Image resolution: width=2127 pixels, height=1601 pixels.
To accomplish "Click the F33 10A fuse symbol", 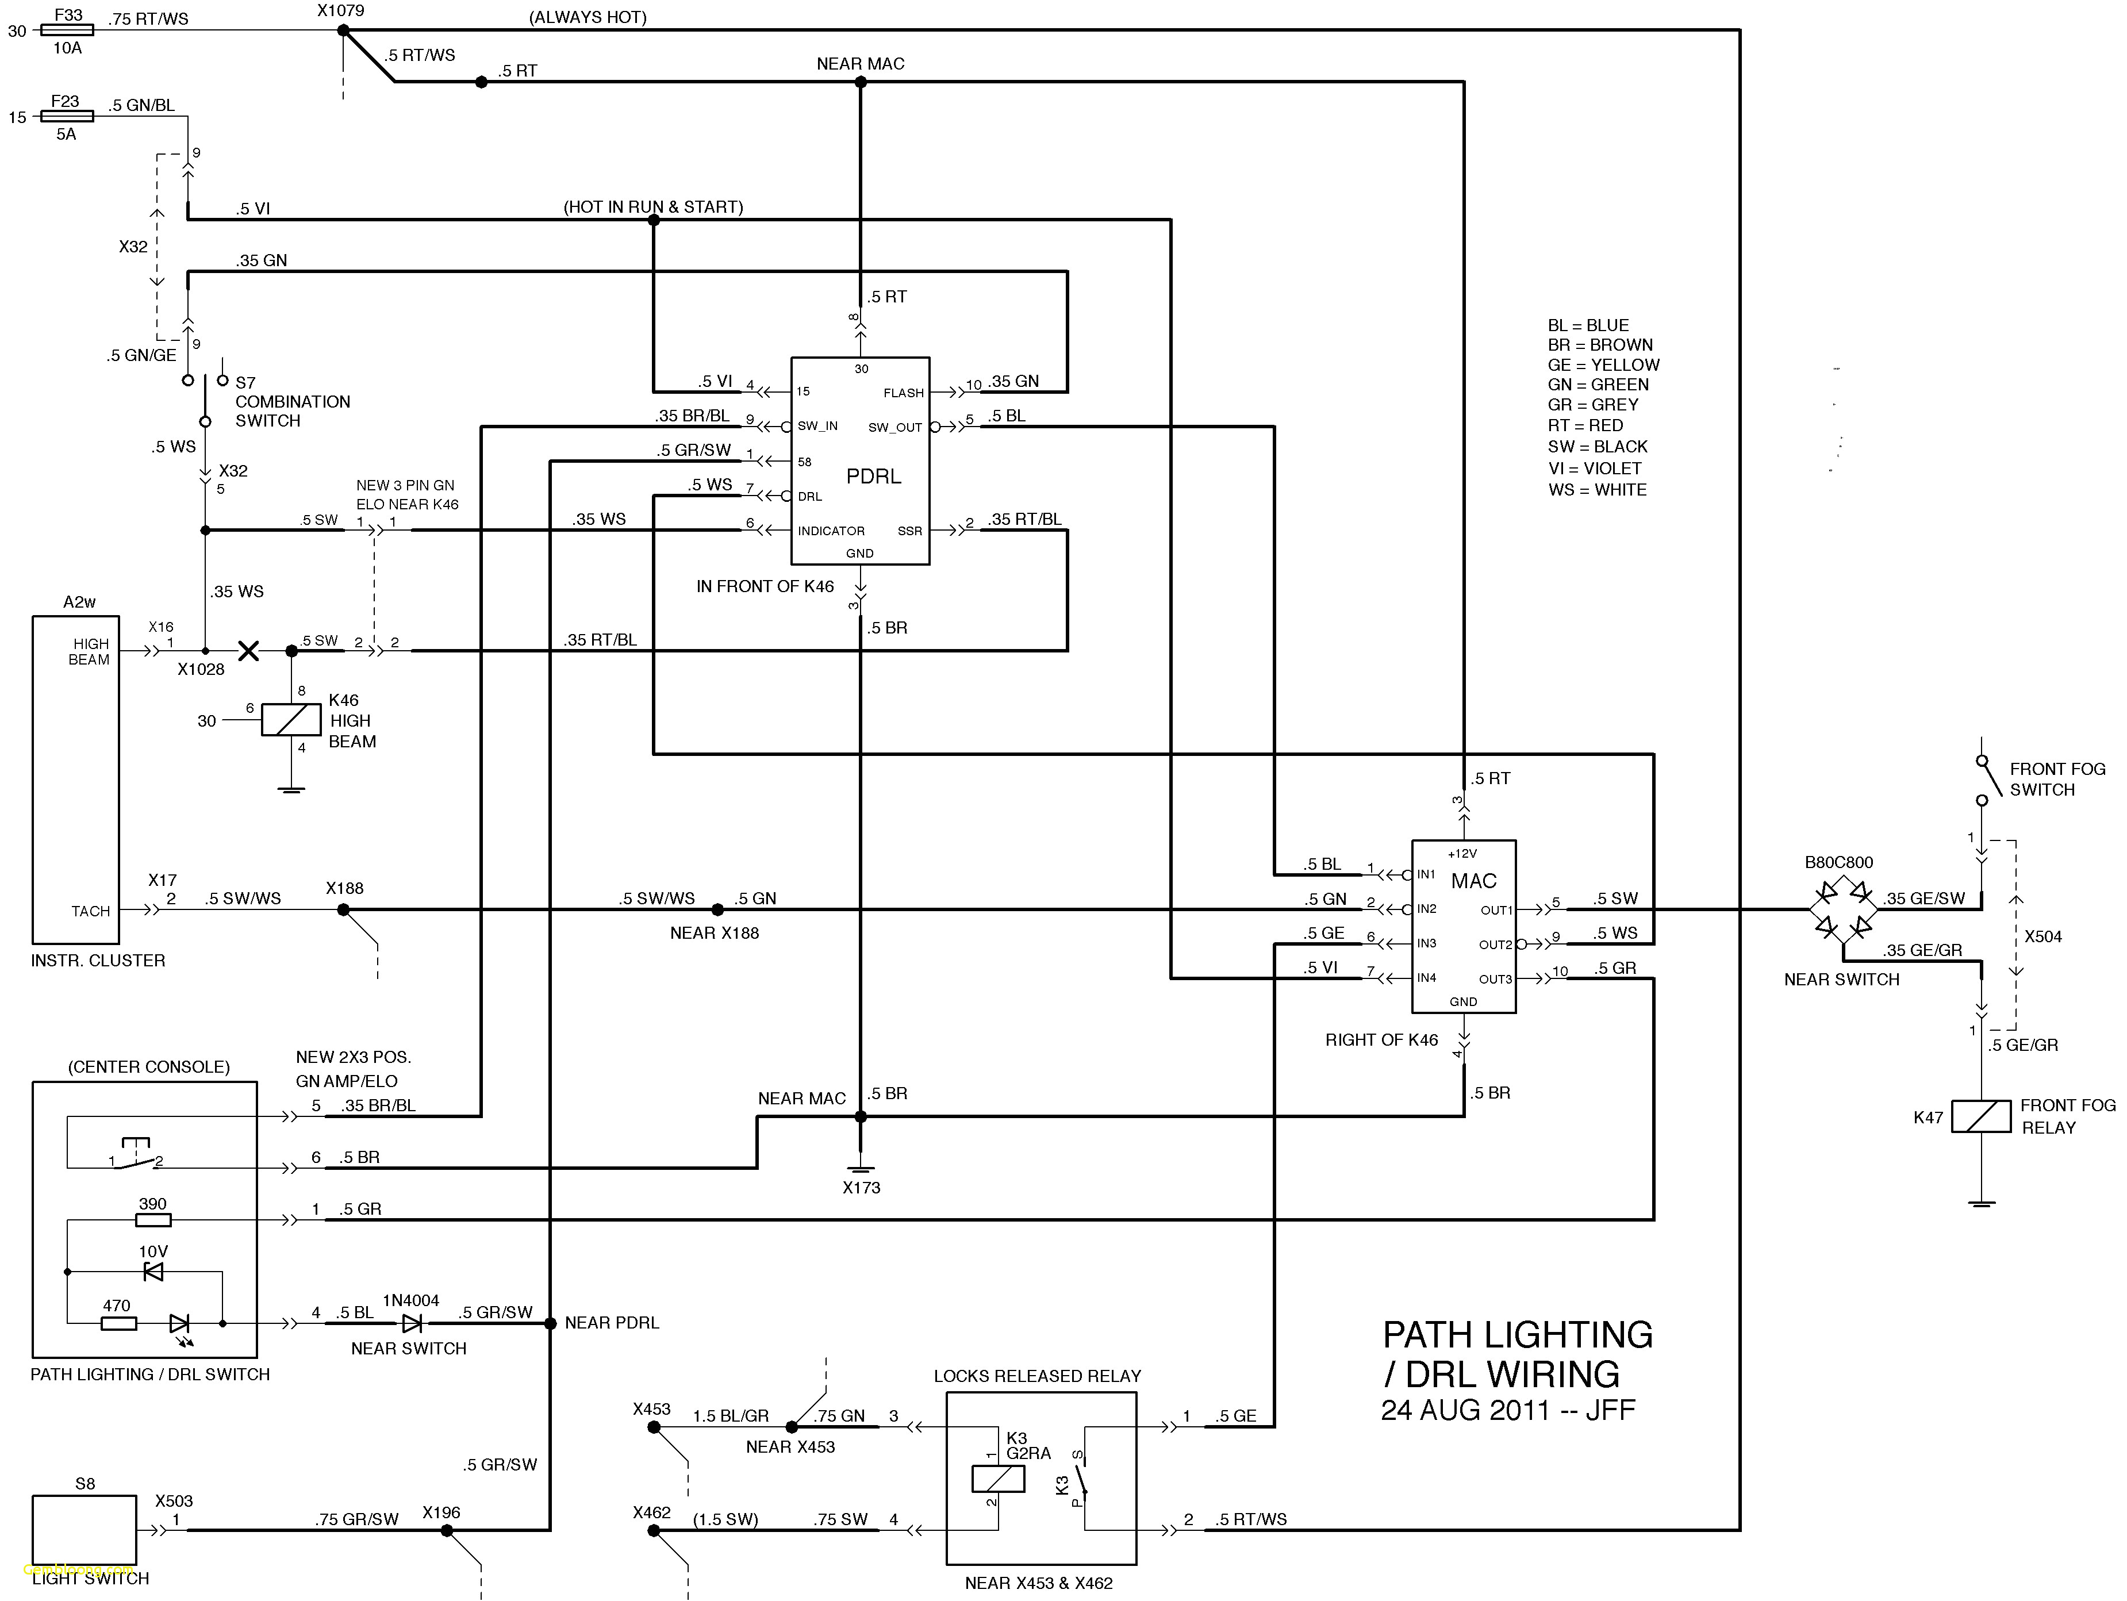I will click(x=67, y=31).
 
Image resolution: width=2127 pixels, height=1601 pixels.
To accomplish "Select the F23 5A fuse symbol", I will click(x=66, y=116).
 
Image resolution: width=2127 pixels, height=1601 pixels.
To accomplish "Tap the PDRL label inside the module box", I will click(x=873, y=476).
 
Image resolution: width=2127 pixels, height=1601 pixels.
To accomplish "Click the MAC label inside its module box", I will click(x=1473, y=881).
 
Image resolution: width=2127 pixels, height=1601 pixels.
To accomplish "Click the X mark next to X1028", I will click(x=248, y=651).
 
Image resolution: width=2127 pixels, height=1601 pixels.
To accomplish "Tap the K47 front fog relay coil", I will click(x=1981, y=1116).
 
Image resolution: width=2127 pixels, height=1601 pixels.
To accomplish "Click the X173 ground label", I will click(x=861, y=1188).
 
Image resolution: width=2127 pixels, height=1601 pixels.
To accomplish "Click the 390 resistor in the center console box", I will click(x=153, y=1220).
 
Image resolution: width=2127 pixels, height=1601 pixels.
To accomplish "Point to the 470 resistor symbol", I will click(x=118, y=1323).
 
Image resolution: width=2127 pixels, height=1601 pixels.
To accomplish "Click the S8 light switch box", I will click(x=84, y=1529).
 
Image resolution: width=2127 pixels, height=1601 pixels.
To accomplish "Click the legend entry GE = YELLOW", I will click(x=1603, y=366).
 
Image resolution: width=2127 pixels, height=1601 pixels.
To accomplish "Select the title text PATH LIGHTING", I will click(x=1518, y=1335).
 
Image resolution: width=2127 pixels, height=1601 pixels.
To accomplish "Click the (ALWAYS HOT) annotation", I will click(x=588, y=17).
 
